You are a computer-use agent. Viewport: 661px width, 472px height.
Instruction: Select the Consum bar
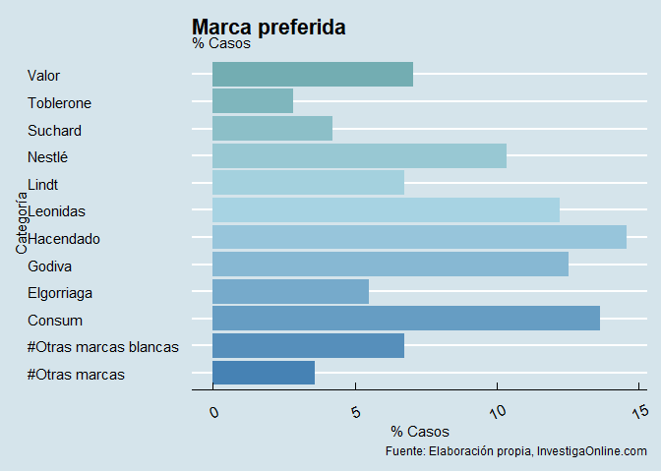pos(406,319)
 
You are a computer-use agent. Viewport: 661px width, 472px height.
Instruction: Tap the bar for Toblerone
pos(253,101)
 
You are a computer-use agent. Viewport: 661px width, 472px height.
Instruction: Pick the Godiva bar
pos(391,265)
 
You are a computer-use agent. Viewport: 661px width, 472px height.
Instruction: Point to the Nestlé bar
pos(359,155)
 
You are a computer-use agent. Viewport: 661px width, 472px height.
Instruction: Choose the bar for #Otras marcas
pos(264,373)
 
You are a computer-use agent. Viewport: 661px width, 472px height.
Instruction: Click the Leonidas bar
pos(386,209)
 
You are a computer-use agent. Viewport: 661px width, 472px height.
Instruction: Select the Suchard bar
pos(272,129)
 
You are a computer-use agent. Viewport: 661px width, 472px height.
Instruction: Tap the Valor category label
pos(44,76)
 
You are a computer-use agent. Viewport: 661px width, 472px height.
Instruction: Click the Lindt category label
pos(43,184)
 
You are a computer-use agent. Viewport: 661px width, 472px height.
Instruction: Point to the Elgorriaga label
pos(60,293)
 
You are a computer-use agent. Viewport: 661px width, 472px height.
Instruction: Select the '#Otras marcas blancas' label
pos(103,347)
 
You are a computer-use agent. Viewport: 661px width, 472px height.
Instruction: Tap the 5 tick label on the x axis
pos(355,411)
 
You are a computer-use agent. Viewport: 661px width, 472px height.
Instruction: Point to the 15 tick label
pos(639,411)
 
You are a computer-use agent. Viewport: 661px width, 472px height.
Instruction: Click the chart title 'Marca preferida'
pos(269,28)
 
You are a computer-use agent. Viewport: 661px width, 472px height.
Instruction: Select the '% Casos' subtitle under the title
pos(221,43)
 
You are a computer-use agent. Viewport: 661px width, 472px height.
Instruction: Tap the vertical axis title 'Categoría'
pos(21,223)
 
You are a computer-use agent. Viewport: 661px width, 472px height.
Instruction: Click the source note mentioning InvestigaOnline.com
pos(516,451)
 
